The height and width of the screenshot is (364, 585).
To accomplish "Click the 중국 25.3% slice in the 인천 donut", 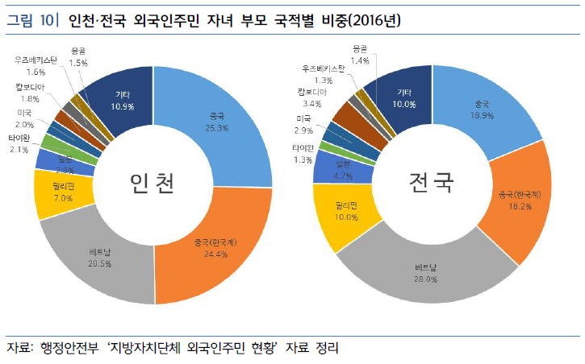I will click(x=218, y=121).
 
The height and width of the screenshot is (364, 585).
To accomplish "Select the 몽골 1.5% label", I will click(x=78, y=56).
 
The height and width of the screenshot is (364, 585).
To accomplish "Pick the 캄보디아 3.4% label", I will click(x=312, y=97).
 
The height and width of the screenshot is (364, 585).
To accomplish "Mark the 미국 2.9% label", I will click(x=303, y=124).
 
